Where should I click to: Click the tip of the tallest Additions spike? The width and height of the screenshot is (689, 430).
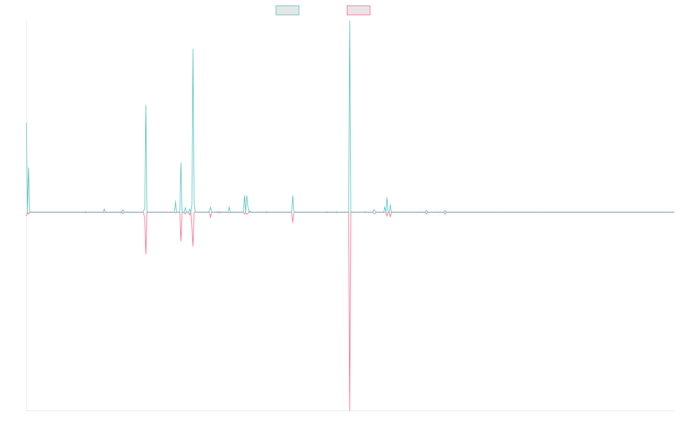tap(350, 22)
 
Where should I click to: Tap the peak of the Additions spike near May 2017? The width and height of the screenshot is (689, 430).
tap(193, 49)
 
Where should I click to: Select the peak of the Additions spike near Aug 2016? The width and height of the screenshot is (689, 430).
tap(146, 104)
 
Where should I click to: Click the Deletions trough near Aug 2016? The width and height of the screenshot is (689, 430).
tap(146, 254)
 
